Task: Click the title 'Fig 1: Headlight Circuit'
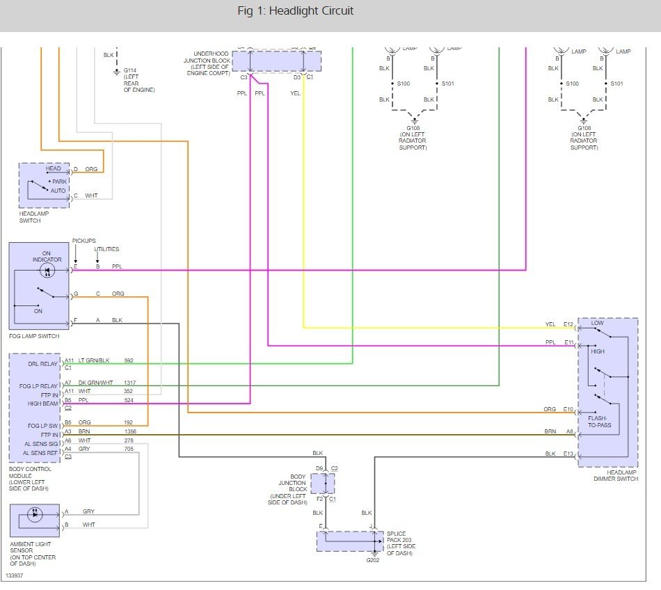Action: [x=295, y=11]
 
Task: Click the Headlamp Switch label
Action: [x=35, y=217]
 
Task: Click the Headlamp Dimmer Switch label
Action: [x=616, y=475]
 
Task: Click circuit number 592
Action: [x=128, y=360]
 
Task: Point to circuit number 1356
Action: [x=131, y=432]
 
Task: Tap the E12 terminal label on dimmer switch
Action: [x=568, y=324]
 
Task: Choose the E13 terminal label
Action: [x=568, y=454]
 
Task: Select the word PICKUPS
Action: [x=83, y=241]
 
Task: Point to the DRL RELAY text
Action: [x=44, y=364]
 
